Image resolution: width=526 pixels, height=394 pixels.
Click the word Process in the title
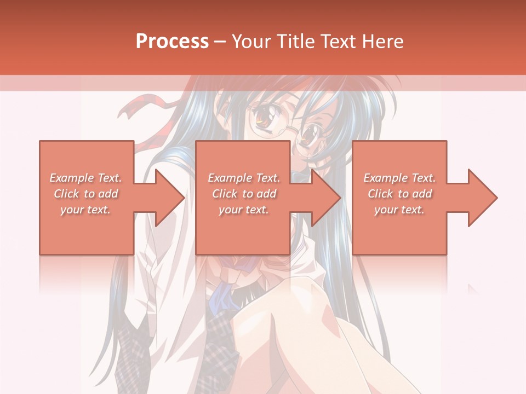[x=172, y=42]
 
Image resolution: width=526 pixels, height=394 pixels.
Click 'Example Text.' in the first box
[x=86, y=178]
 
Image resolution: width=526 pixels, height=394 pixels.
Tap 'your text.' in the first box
[x=86, y=210]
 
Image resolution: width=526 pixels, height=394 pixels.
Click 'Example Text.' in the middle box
[x=244, y=178]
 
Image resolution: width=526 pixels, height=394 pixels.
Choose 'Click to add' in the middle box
[x=244, y=194]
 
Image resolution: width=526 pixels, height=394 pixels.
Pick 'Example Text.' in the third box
[x=400, y=178]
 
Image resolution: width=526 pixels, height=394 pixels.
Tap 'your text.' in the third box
[x=400, y=210]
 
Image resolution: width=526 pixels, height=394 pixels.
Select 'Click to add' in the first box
[x=86, y=194]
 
